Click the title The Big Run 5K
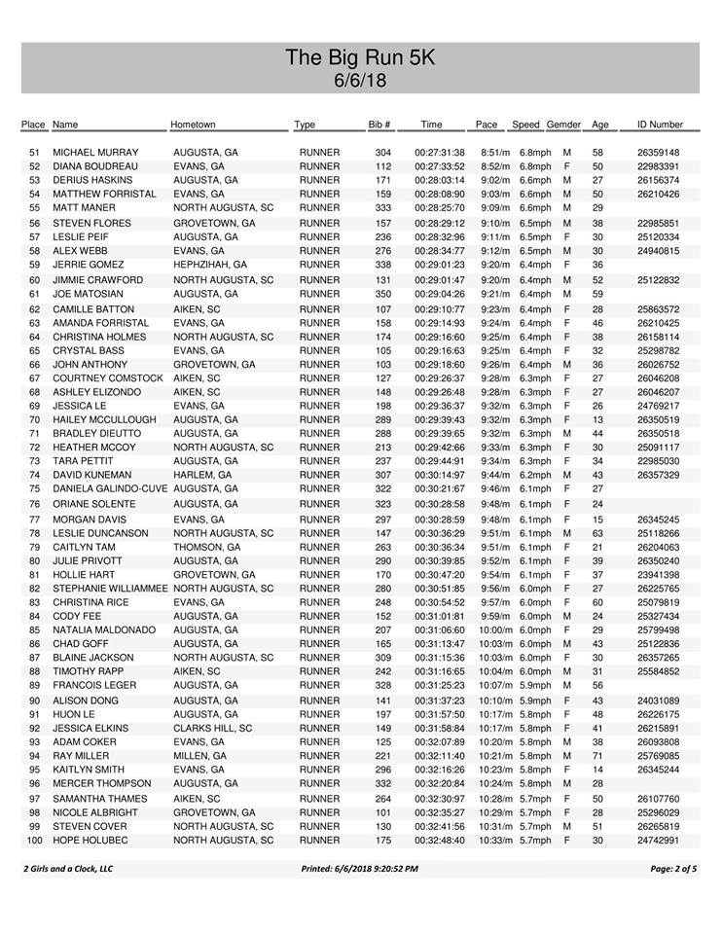click(360, 57)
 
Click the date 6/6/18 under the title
click(360, 80)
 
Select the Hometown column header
click(193, 126)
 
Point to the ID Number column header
click(659, 126)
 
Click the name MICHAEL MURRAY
click(95, 153)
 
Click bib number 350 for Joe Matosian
click(383, 293)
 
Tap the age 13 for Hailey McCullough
click(598, 419)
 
